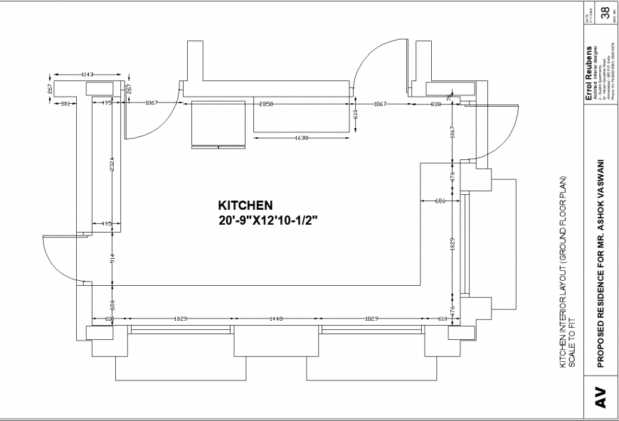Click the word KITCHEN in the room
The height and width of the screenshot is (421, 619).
click(x=245, y=204)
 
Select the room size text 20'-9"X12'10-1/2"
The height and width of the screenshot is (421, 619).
click(x=268, y=221)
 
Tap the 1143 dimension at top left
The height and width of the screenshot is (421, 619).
click(x=88, y=74)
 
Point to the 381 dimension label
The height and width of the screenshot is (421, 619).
click(x=65, y=104)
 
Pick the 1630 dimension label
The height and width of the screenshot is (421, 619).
click(x=301, y=138)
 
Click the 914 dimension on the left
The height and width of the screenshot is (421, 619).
click(x=112, y=260)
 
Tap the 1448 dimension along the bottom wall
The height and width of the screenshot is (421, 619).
click(x=277, y=319)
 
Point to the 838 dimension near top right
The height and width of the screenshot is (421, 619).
click(x=435, y=104)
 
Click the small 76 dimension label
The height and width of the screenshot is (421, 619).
click(x=448, y=96)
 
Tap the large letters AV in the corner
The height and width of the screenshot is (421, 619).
click(x=600, y=397)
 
